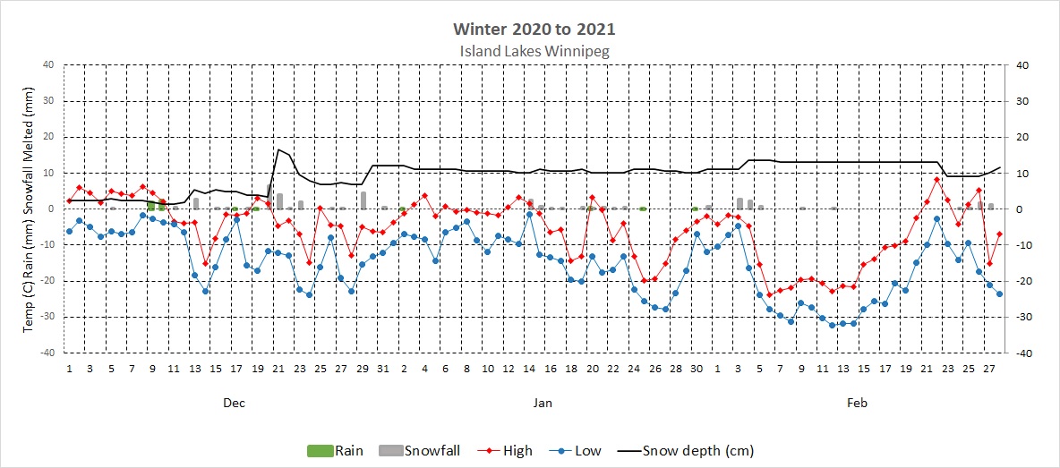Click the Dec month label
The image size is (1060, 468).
pos(234,404)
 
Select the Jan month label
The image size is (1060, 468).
pos(543,404)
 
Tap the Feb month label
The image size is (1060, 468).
pos(858,404)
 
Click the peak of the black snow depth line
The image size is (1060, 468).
pos(279,149)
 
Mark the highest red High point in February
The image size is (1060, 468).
pos(936,179)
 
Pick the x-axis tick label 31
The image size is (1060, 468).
pos(383,369)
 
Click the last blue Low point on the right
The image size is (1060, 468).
pos(999,294)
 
